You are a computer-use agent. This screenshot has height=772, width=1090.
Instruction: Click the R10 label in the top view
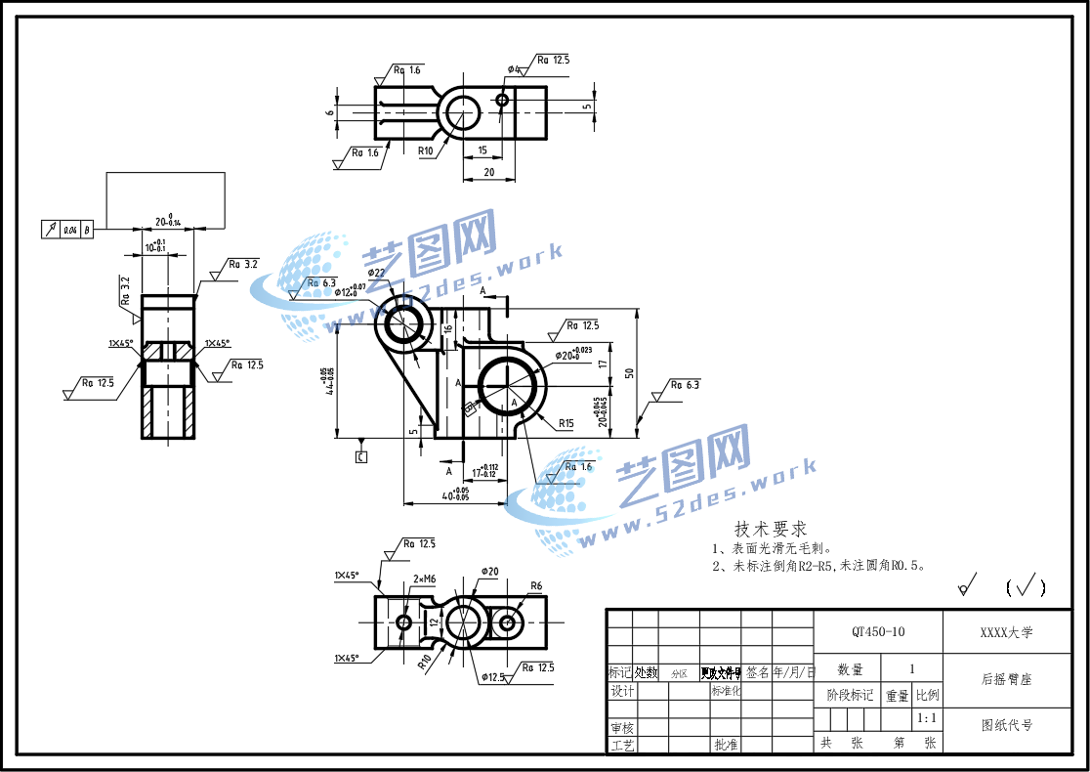[425, 151]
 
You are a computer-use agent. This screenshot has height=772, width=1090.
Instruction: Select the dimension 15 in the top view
[482, 150]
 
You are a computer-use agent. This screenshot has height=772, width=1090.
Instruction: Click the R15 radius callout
[566, 423]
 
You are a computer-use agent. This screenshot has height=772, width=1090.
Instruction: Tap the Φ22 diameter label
[377, 273]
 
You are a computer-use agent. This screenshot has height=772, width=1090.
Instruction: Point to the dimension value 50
[631, 372]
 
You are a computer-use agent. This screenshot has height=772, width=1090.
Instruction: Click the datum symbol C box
[361, 456]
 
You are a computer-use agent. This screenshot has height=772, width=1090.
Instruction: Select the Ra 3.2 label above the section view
[242, 264]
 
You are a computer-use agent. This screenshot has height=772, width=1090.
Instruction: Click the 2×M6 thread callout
[424, 579]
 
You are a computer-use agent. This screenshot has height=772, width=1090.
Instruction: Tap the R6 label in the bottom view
[535, 586]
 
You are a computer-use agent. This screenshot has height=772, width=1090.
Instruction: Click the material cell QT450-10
[878, 632]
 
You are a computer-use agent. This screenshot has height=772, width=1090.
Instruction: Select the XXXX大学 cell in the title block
[1006, 632]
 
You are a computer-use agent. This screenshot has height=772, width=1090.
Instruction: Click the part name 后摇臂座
[1006, 678]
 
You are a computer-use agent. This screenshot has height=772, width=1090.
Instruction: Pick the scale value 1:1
[927, 718]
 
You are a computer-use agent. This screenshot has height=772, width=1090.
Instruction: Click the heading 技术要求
[771, 529]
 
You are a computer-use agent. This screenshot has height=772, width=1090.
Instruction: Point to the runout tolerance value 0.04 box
[70, 230]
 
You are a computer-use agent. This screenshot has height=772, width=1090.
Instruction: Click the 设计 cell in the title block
[622, 691]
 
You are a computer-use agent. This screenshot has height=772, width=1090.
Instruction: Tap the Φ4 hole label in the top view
[514, 69]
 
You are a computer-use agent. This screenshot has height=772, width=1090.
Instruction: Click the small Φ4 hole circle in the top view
[502, 100]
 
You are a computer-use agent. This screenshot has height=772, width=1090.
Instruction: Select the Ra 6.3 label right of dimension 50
[685, 385]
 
